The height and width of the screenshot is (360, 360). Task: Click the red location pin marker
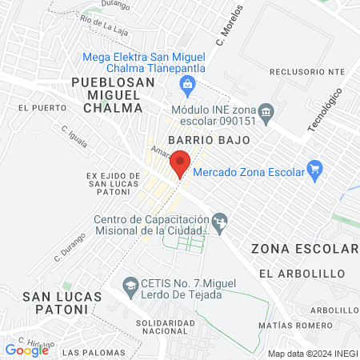click(x=180, y=162)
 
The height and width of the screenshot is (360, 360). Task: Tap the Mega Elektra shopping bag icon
click(x=188, y=83)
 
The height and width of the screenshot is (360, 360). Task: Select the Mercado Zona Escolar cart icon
click(x=314, y=169)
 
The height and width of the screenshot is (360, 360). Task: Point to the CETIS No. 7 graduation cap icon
click(x=129, y=283)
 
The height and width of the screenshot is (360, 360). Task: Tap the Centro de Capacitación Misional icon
click(x=222, y=220)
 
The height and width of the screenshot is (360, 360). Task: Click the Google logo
click(x=26, y=350)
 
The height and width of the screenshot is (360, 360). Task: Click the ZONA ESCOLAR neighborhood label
click(x=305, y=249)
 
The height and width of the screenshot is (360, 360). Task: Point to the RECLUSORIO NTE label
click(x=307, y=71)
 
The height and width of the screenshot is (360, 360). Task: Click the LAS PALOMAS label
click(x=90, y=352)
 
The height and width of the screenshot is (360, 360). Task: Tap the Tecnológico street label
click(x=325, y=111)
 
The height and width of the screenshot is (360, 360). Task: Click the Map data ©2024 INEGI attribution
click(x=312, y=354)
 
